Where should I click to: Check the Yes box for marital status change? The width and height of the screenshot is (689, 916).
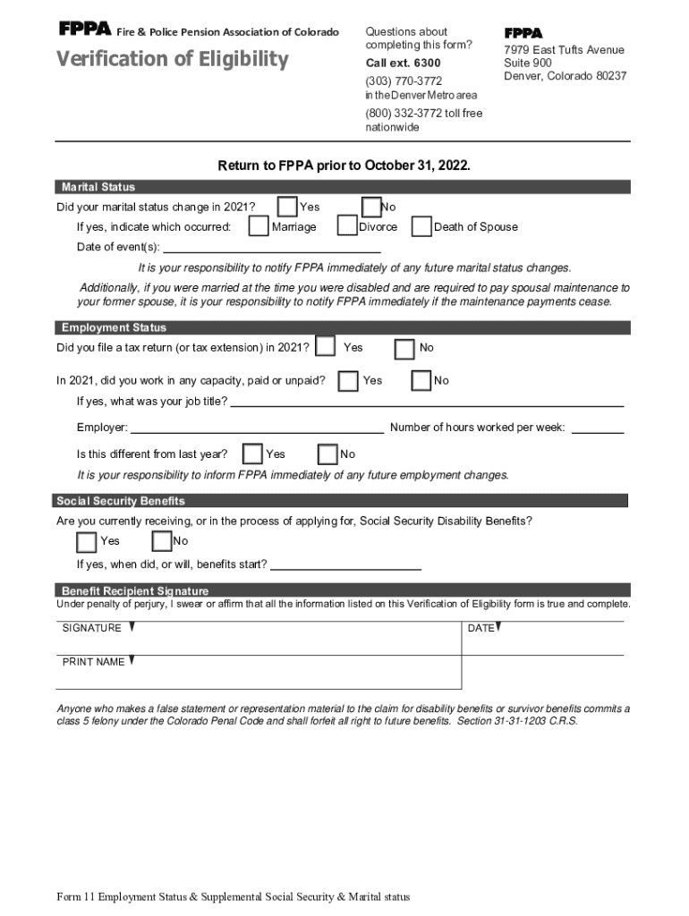click(x=288, y=207)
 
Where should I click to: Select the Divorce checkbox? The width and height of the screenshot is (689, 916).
click(x=347, y=226)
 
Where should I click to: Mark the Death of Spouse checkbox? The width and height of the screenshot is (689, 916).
click(x=421, y=227)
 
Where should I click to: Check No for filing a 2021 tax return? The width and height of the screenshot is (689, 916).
click(x=404, y=348)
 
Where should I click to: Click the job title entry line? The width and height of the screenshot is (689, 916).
click(x=427, y=402)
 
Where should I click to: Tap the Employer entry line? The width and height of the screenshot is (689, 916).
click(x=258, y=428)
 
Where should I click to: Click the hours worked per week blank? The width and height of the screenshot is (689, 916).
click(x=597, y=428)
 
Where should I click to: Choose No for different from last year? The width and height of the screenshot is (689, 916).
click(x=328, y=454)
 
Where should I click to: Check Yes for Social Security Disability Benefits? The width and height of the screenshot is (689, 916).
click(x=87, y=541)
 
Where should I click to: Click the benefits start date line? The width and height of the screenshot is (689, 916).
click(x=345, y=565)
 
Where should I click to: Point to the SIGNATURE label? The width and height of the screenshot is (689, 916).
click(x=92, y=628)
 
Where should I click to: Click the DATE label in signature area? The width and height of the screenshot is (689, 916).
click(x=481, y=628)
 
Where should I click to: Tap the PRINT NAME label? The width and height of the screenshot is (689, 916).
click(x=93, y=662)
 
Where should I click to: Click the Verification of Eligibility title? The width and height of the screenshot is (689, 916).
click(x=173, y=60)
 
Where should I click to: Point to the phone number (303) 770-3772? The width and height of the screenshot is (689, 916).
click(x=404, y=81)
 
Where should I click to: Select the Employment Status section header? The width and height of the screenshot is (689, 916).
click(x=114, y=327)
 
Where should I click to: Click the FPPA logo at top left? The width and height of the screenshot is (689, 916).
click(x=84, y=30)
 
